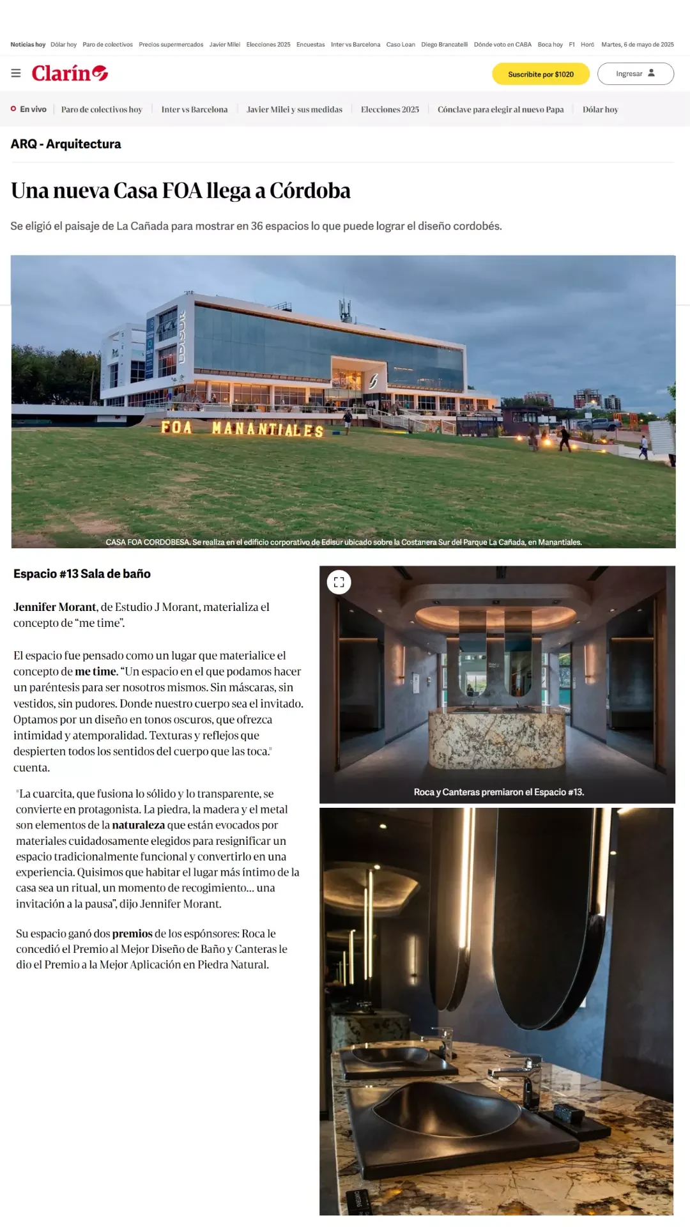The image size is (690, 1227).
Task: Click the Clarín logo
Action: (x=70, y=73)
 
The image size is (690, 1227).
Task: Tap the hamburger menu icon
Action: (x=16, y=73)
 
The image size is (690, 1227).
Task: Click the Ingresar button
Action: (x=635, y=73)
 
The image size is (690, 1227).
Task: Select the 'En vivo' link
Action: (x=29, y=109)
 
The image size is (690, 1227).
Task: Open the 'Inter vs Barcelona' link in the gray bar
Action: (x=194, y=109)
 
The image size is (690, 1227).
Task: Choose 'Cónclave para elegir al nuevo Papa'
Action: (x=500, y=109)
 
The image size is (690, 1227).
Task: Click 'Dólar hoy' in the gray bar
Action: (x=600, y=109)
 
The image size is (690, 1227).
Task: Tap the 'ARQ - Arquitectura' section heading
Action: (x=66, y=144)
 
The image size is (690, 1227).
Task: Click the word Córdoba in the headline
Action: (x=310, y=190)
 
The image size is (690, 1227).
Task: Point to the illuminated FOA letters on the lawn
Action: (x=176, y=427)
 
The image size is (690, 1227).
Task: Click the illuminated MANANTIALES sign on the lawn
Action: (x=268, y=429)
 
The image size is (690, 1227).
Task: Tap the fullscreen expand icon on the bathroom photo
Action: (x=339, y=582)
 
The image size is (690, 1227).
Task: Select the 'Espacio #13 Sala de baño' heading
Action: (x=82, y=574)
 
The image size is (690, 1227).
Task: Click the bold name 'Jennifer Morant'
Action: (x=55, y=607)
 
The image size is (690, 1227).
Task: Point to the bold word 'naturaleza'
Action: (x=138, y=825)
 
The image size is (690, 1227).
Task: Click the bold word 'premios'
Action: (x=132, y=934)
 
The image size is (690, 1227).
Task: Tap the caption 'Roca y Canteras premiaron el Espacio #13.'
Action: (x=498, y=792)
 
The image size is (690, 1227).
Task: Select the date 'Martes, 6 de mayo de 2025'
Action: (x=637, y=45)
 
